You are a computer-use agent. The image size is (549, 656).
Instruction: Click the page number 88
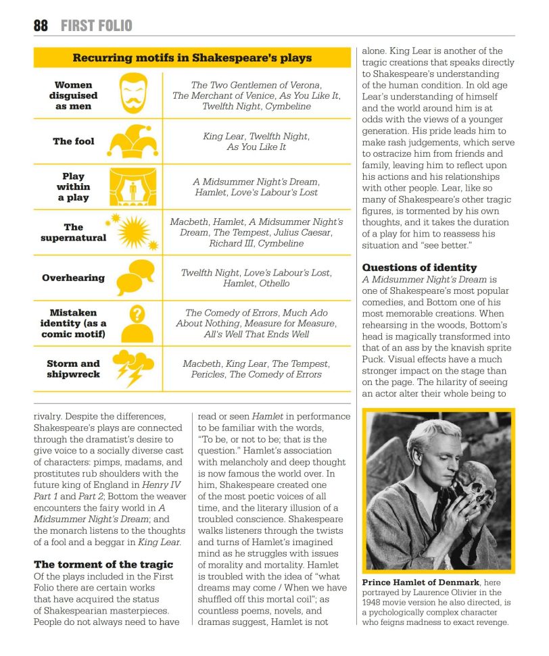41,26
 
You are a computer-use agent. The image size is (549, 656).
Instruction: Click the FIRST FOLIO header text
96,26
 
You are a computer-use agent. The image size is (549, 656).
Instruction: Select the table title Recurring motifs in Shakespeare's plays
192,58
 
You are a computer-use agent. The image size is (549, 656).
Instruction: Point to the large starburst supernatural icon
133,232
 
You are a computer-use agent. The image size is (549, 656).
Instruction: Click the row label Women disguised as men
73,96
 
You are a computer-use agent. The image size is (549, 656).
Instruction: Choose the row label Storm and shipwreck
73,369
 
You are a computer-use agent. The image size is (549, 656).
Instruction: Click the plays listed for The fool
256,141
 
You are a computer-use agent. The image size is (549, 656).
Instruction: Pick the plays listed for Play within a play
256,187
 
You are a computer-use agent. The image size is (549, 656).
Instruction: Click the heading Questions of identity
419,268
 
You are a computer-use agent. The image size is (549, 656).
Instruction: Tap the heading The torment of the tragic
103,564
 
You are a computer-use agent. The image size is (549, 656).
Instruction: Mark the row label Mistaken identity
73,323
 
